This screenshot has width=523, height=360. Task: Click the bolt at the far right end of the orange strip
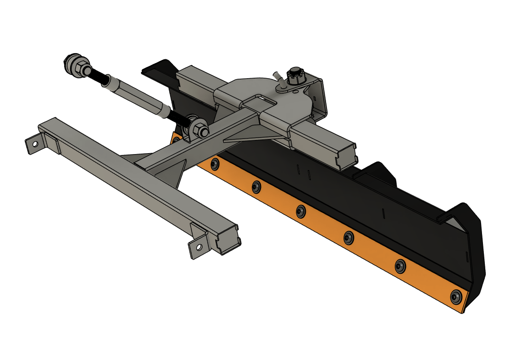(x=456, y=296)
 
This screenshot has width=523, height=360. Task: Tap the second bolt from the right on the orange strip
(x=400, y=267)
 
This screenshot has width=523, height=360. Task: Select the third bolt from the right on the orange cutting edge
(x=348, y=238)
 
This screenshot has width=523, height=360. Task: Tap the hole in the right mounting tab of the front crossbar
(x=199, y=246)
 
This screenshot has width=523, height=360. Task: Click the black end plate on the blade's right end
(x=474, y=245)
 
